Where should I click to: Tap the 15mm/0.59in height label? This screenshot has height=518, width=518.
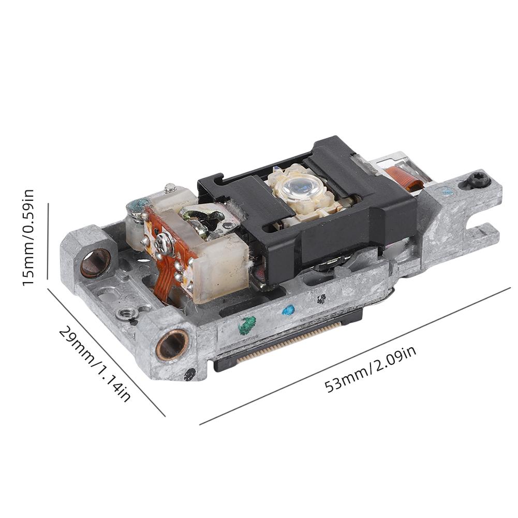tap(27, 238)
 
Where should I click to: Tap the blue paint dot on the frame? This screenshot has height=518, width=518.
tap(288, 310)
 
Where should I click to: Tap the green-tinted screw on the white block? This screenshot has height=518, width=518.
tap(138, 207)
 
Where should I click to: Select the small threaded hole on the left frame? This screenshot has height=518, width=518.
tap(124, 313)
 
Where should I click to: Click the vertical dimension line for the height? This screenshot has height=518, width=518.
tap(48, 241)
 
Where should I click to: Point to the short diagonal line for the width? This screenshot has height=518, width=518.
tap(106, 352)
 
